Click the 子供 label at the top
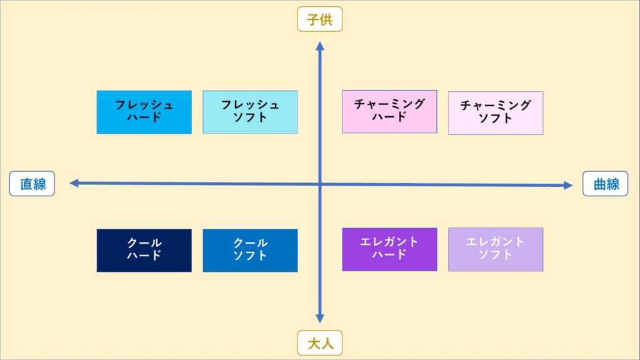320,19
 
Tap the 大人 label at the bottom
320,343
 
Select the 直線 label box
32,184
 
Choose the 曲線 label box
605,184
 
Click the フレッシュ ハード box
144,112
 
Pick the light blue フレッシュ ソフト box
250,112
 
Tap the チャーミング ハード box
389,112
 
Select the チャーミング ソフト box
496,113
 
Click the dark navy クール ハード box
144,251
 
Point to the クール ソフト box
250,251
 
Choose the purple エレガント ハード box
389,249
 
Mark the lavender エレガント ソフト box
496,249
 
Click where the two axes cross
320,184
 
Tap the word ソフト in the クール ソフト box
250,256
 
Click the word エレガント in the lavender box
495,242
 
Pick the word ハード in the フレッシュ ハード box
144,117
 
